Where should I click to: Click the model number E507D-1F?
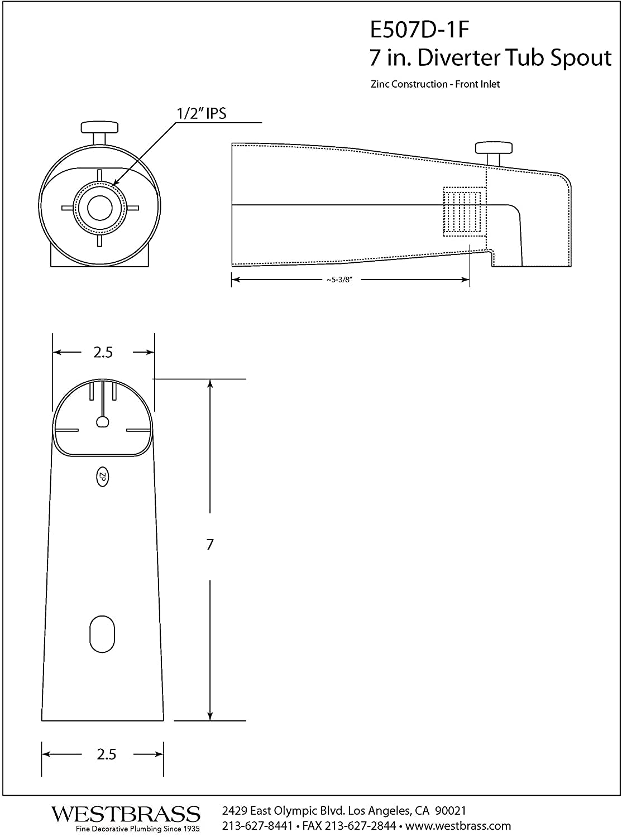tap(419, 30)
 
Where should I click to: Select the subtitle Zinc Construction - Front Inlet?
tap(435, 84)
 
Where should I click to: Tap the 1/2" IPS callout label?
tap(202, 113)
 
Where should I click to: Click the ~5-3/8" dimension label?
tap(339, 280)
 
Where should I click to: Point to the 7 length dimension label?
tap(210, 544)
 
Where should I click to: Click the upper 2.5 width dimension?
tap(103, 353)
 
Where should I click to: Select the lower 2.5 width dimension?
tap(106, 754)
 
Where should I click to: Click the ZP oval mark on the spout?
tap(102, 477)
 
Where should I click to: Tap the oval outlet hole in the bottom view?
tap(102, 634)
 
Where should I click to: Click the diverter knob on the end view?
tap(100, 132)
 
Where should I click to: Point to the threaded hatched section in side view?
tap(464, 211)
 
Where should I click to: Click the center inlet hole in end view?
tap(100, 208)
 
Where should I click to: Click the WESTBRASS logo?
tap(126, 814)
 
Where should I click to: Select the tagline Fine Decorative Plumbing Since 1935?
tap(137, 829)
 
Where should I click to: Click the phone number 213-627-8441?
tap(257, 826)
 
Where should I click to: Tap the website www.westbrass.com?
tap(458, 826)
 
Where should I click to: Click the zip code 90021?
tap(451, 811)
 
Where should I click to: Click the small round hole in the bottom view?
tap(102, 422)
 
